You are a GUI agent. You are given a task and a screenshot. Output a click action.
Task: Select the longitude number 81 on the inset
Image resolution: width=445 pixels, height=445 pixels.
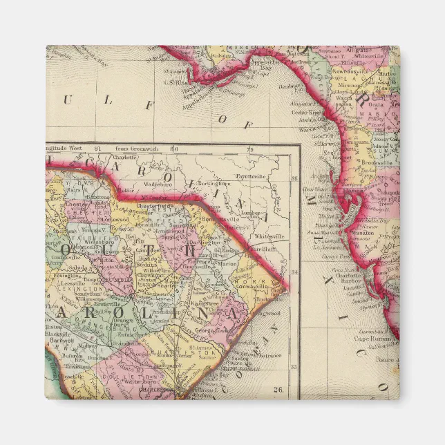97,148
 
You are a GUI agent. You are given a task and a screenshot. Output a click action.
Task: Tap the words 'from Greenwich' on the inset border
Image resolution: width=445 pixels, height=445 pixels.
135,148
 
